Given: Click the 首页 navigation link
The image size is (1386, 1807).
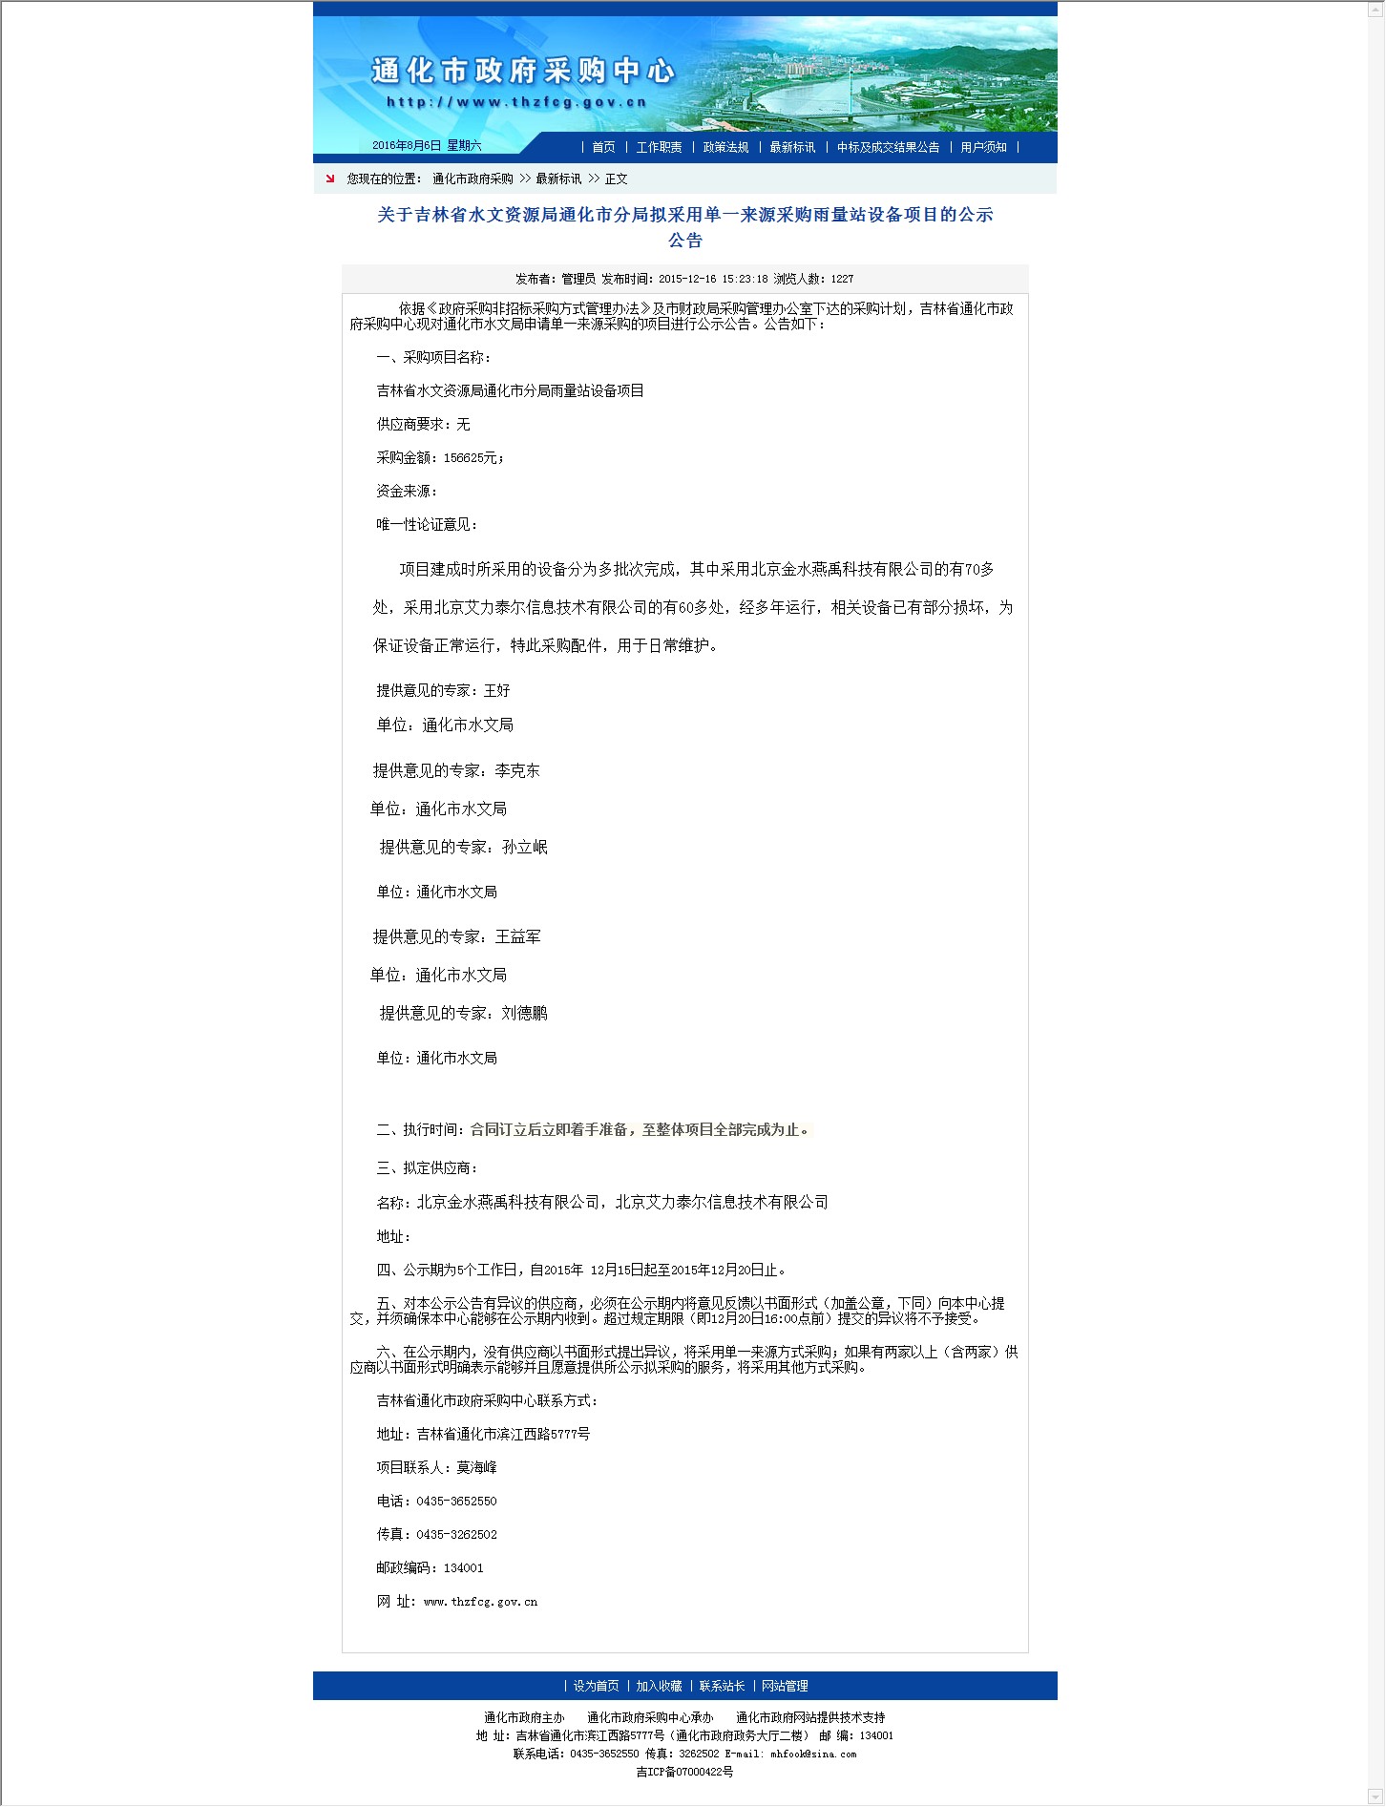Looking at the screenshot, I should coord(603,147).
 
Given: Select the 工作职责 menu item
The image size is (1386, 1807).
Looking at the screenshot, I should coord(659,147).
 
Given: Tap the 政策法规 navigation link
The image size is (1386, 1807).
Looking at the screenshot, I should coord(725,147).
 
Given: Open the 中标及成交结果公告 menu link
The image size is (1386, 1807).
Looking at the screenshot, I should coord(888,147).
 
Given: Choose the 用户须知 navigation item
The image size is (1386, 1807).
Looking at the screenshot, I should coord(983,147).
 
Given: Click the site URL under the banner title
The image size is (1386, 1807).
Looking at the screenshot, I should coord(516,102).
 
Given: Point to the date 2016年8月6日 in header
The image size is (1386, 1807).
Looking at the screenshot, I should coord(407,146).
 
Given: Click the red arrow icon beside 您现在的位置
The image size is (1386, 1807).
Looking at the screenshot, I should coord(330,179).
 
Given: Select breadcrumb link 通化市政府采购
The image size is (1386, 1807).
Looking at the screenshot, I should coord(472,179).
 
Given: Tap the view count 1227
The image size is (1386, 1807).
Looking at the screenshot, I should coord(842,279).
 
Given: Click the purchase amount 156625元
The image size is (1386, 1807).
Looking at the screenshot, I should coord(472,458).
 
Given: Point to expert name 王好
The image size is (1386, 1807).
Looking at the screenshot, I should coord(497,690).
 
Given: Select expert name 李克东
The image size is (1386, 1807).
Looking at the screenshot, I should coord(517,770).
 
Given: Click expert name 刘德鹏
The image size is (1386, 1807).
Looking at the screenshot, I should coord(525,1013).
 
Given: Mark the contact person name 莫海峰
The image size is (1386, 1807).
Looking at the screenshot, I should coord(476,1467).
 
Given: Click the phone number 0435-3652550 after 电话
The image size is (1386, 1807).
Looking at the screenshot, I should coord(456,1501).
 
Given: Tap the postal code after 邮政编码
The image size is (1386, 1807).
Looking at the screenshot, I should coord(463,1567).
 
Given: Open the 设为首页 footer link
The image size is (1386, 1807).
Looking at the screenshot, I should coord(596,1686).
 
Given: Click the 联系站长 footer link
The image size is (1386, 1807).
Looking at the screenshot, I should coord(722,1686).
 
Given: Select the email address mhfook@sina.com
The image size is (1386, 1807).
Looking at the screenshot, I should coord(813,1754).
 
